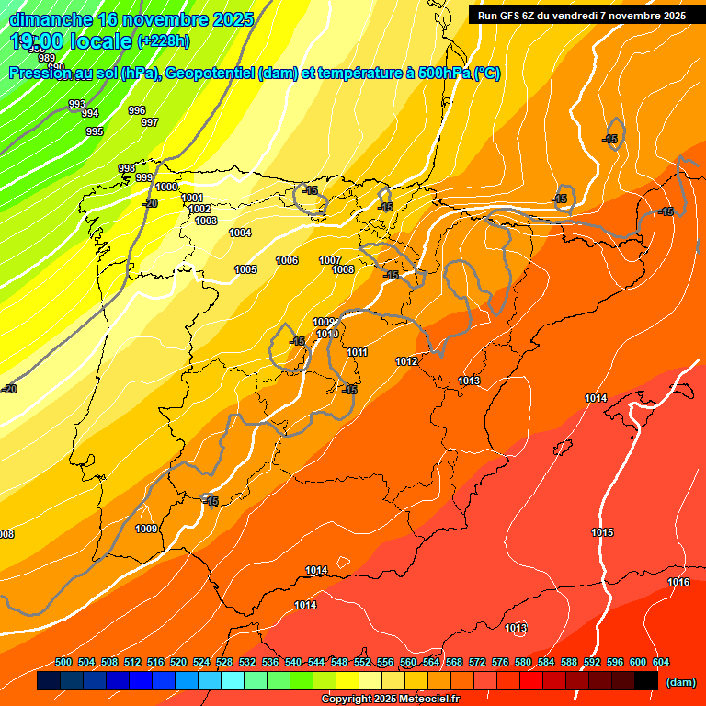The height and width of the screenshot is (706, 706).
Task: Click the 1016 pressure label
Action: tap(678, 583)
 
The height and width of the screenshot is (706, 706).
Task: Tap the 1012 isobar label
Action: tap(407, 362)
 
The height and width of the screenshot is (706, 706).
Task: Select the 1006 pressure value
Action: tap(287, 261)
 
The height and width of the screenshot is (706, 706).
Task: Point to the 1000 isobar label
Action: tap(166, 188)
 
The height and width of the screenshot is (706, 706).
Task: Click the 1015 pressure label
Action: tap(602, 533)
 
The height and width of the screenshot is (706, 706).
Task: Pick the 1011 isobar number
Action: tap(358, 353)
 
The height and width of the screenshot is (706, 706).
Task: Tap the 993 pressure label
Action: tap(77, 105)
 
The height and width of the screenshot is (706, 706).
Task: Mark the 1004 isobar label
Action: tap(240, 233)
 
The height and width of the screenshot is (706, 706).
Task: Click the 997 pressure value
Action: tap(150, 122)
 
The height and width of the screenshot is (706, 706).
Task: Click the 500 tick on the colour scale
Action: tap(63, 663)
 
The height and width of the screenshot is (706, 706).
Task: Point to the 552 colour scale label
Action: tap(362, 663)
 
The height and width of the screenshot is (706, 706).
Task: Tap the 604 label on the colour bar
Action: tap(661, 663)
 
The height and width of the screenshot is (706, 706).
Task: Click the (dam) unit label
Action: tap(680, 682)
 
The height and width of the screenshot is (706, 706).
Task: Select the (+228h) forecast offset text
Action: tap(164, 40)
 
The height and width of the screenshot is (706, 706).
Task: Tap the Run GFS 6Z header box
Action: tap(582, 15)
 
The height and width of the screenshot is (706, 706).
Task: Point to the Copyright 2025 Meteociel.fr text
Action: tap(390, 700)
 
